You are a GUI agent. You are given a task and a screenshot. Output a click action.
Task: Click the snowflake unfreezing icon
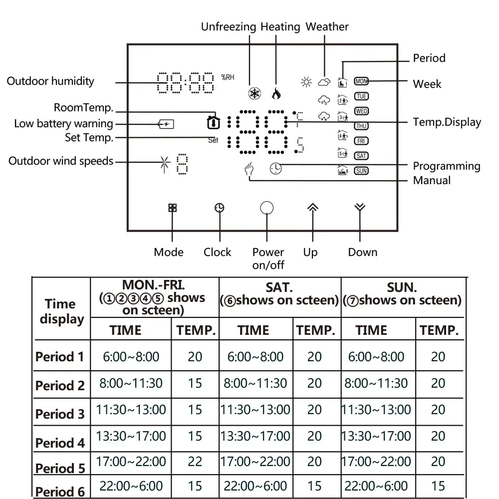[255, 93]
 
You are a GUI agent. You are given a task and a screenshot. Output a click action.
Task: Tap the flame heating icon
[275, 93]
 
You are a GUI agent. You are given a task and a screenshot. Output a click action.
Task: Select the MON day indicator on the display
[361, 81]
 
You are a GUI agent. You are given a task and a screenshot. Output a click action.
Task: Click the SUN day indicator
[361, 171]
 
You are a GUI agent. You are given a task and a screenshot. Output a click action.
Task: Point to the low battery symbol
[166, 124]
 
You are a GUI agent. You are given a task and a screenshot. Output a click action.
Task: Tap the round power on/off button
[267, 208]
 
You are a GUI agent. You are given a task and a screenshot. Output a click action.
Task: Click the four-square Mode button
[172, 208]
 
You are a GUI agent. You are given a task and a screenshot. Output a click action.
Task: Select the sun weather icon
[306, 82]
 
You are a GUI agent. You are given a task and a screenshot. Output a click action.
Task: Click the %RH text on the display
[228, 77]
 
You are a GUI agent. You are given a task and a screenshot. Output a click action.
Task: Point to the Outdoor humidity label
[50, 81]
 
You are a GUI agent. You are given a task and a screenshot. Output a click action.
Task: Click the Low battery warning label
[63, 124]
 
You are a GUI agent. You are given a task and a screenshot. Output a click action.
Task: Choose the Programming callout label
[447, 166]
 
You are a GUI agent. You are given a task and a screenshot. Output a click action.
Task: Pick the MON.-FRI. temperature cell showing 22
[195, 462]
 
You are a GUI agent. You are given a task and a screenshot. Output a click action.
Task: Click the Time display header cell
[61, 311]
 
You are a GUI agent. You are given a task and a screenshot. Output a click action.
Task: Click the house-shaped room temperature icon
[213, 121]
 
